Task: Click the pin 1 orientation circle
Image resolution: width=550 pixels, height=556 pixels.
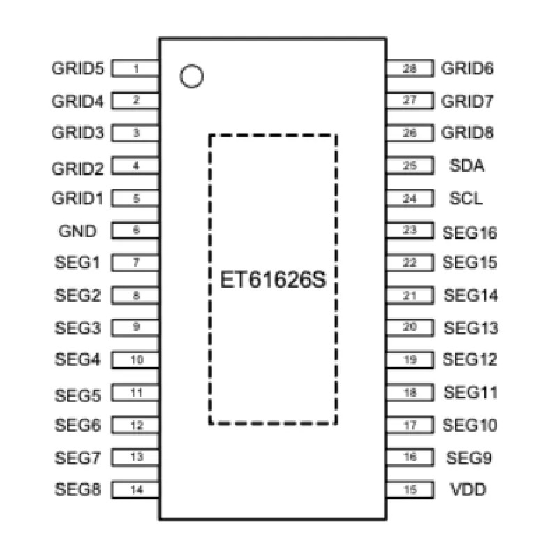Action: (191, 76)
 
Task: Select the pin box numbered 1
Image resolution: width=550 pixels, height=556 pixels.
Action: (136, 68)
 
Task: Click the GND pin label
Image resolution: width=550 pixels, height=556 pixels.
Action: (77, 231)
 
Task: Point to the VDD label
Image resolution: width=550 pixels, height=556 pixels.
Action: (468, 490)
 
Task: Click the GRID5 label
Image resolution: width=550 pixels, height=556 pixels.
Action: (77, 68)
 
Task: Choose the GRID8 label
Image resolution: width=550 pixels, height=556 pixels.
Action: (468, 133)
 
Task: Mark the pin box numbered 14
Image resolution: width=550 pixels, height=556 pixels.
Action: (136, 490)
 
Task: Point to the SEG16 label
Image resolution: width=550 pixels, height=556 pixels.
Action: (470, 232)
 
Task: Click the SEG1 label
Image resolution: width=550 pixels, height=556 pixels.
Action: (77, 263)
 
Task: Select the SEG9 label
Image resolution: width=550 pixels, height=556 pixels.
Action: (469, 458)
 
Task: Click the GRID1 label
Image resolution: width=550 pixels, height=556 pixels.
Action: (77, 198)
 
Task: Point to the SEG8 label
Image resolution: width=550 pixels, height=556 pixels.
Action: (77, 490)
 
